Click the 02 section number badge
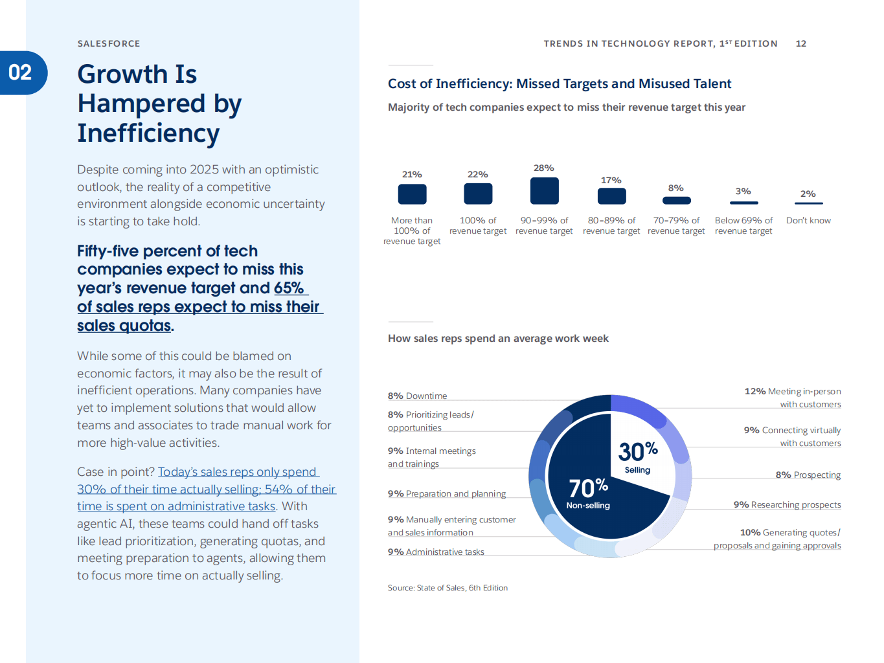pyautogui.click(x=21, y=73)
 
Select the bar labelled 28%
pyautogui.click(x=544, y=191)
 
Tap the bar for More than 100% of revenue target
pyautogui.click(x=412, y=194)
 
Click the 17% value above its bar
pyautogui.click(x=611, y=180)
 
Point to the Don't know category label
pyautogui.click(x=808, y=220)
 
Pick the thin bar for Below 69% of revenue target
pyautogui.click(x=743, y=203)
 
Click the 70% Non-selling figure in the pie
pyautogui.click(x=588, y=493)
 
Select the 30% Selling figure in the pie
pyautogui.click(x=638, y=456)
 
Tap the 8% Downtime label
pyautogui.click(x=417, y=396)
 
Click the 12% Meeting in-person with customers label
pyautogui.click(x=793, y=398)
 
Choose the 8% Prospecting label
pyautogui.click(x=808, y=475)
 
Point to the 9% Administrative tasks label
pyautogui.click(x=436, y=552)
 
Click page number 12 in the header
pyautogui.click(x=801, y=43)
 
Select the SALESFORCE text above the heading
pyautogui.click(x=109, y=43)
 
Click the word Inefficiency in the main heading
pyautogui.click(x=148, y=133)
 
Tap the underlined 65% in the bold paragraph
pyautogui.click(x=289, y=287)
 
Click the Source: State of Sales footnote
pyautogui.click(x=448, y=588)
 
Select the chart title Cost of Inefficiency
pyautogui.click(x=560, y=84)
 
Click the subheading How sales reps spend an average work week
pyautogui.click(x=498, y=338)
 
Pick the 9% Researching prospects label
pyautogui.click(x=787, y=504)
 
